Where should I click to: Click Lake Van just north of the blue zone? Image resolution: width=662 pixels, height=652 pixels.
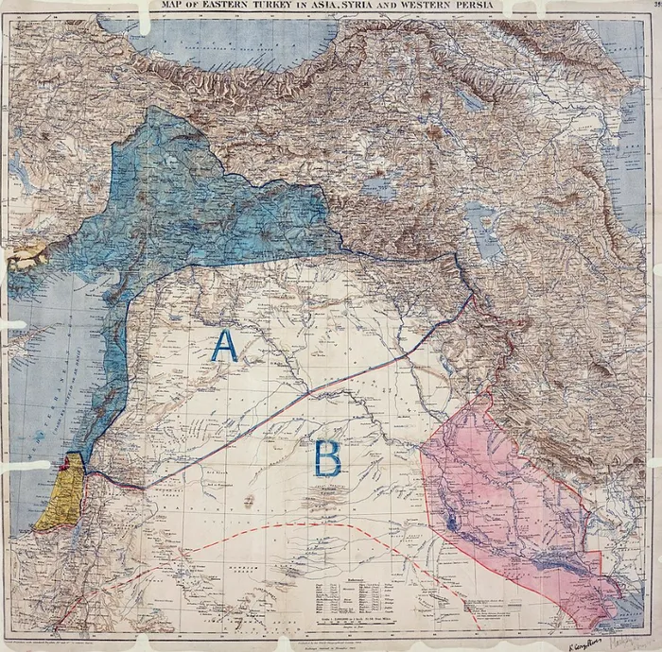pos(380,186)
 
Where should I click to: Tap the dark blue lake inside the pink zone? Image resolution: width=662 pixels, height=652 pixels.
pos(450,520)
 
